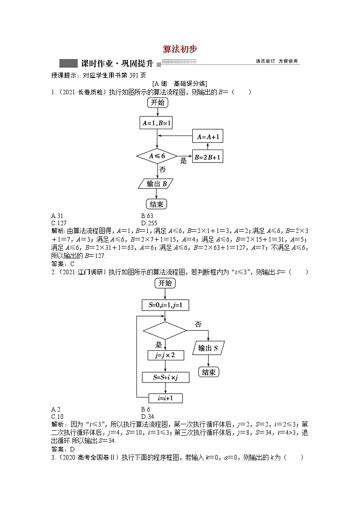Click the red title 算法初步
tap(180, 49)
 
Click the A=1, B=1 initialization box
tap(157, 123)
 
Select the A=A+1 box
tap(208, 137)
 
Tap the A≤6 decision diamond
tap(157, 156)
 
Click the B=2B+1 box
tap(208, 157)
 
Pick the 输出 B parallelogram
tap(156, 184)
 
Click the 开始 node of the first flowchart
tap(157, 103)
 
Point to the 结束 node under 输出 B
tap(156, 204)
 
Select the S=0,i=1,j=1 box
tap(165, 305)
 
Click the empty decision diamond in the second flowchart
tap(165, 330)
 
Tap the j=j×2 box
tap(165, 355)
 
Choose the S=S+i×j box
tap(165, 377)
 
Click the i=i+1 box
tap(165, 398)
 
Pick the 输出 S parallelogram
tap(209, 349)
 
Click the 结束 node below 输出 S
tap(209, 372)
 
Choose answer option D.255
tap(149, 223)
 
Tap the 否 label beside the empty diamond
tap(198, 324)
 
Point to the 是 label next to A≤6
tap(184, 161)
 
